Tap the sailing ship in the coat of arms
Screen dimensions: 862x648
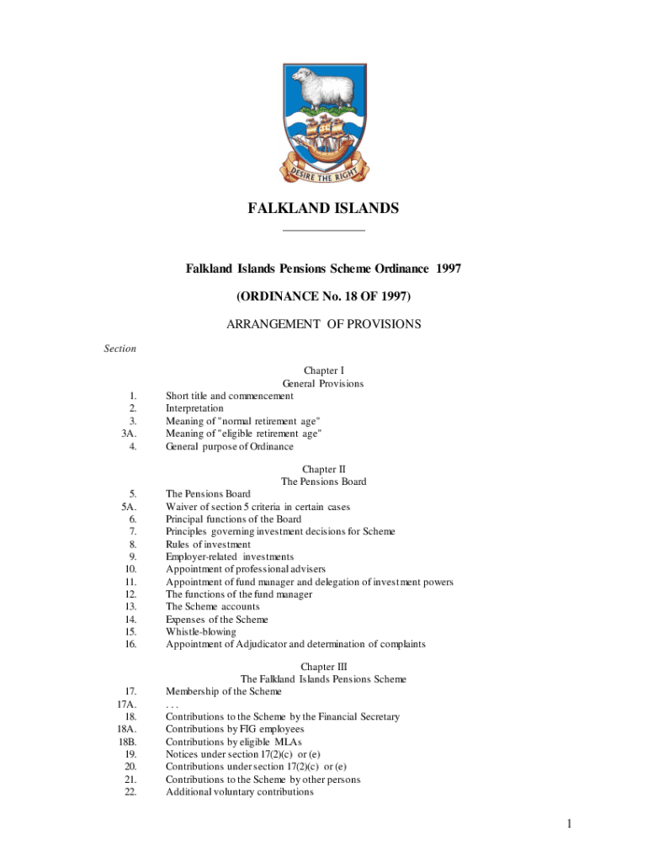[324, 138]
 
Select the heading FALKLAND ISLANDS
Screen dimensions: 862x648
[323, 208]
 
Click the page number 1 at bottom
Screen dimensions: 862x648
[569, 823]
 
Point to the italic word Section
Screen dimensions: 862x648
[119, 349]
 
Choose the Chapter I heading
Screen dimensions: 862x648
[323, 370]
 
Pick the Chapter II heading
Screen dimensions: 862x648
[323, 469]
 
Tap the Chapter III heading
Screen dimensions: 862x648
[323, 666]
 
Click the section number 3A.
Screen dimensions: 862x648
[129, 434]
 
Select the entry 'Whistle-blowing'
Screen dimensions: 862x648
[200, 631]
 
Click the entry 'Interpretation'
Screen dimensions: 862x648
[194, 408]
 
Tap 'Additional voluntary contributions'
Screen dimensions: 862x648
[240, 792]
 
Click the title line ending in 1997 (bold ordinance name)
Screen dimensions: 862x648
[323, 269]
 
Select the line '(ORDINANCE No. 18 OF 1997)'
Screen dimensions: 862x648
[323, 296]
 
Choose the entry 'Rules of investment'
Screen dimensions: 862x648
[208, 545]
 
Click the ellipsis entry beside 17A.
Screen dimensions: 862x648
[172, 704]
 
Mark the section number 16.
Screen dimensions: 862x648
[130, 644]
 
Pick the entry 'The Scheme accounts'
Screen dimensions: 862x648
[212, 606]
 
